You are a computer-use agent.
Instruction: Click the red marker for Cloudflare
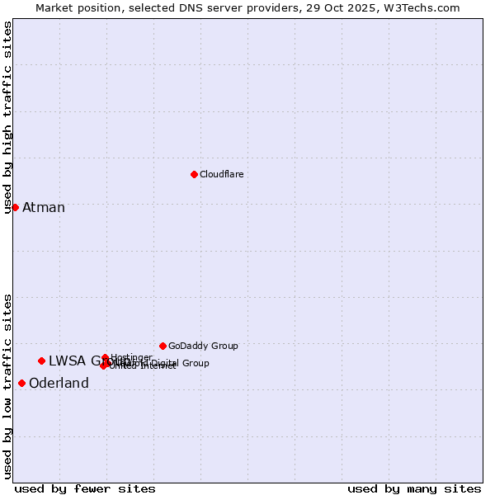pos(194,174)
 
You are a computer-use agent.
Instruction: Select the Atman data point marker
pos(15,207)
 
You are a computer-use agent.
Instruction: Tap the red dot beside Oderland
pos(21,383)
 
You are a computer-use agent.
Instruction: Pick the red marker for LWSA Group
pos(41,361)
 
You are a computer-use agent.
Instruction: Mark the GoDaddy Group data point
pos(163,346)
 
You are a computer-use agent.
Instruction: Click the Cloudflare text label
pos(221,174)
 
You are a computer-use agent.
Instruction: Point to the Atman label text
pos(44,208)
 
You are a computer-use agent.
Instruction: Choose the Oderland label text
pos(59,384)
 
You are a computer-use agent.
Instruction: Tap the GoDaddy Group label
pos(203,346)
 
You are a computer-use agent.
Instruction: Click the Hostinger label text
pos(131,357)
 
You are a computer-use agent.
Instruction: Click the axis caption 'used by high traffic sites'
pos(8,117)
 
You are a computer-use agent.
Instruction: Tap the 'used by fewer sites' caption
pos(85,488)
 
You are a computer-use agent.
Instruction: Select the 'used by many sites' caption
pos(414,488)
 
